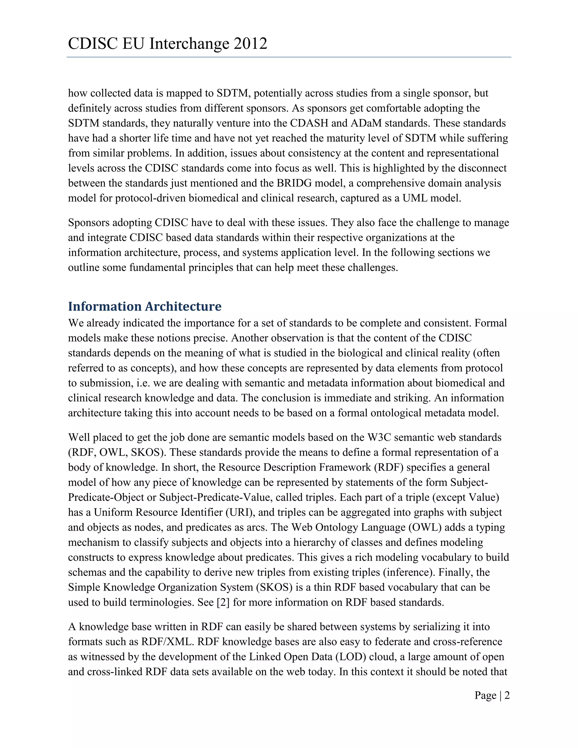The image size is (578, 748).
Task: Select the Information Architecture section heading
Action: [144, 306]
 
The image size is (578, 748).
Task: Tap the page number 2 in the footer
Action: [507, 695]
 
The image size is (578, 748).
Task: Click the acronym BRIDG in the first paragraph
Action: [294, 183]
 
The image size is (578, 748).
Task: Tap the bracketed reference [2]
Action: [223, 602]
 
